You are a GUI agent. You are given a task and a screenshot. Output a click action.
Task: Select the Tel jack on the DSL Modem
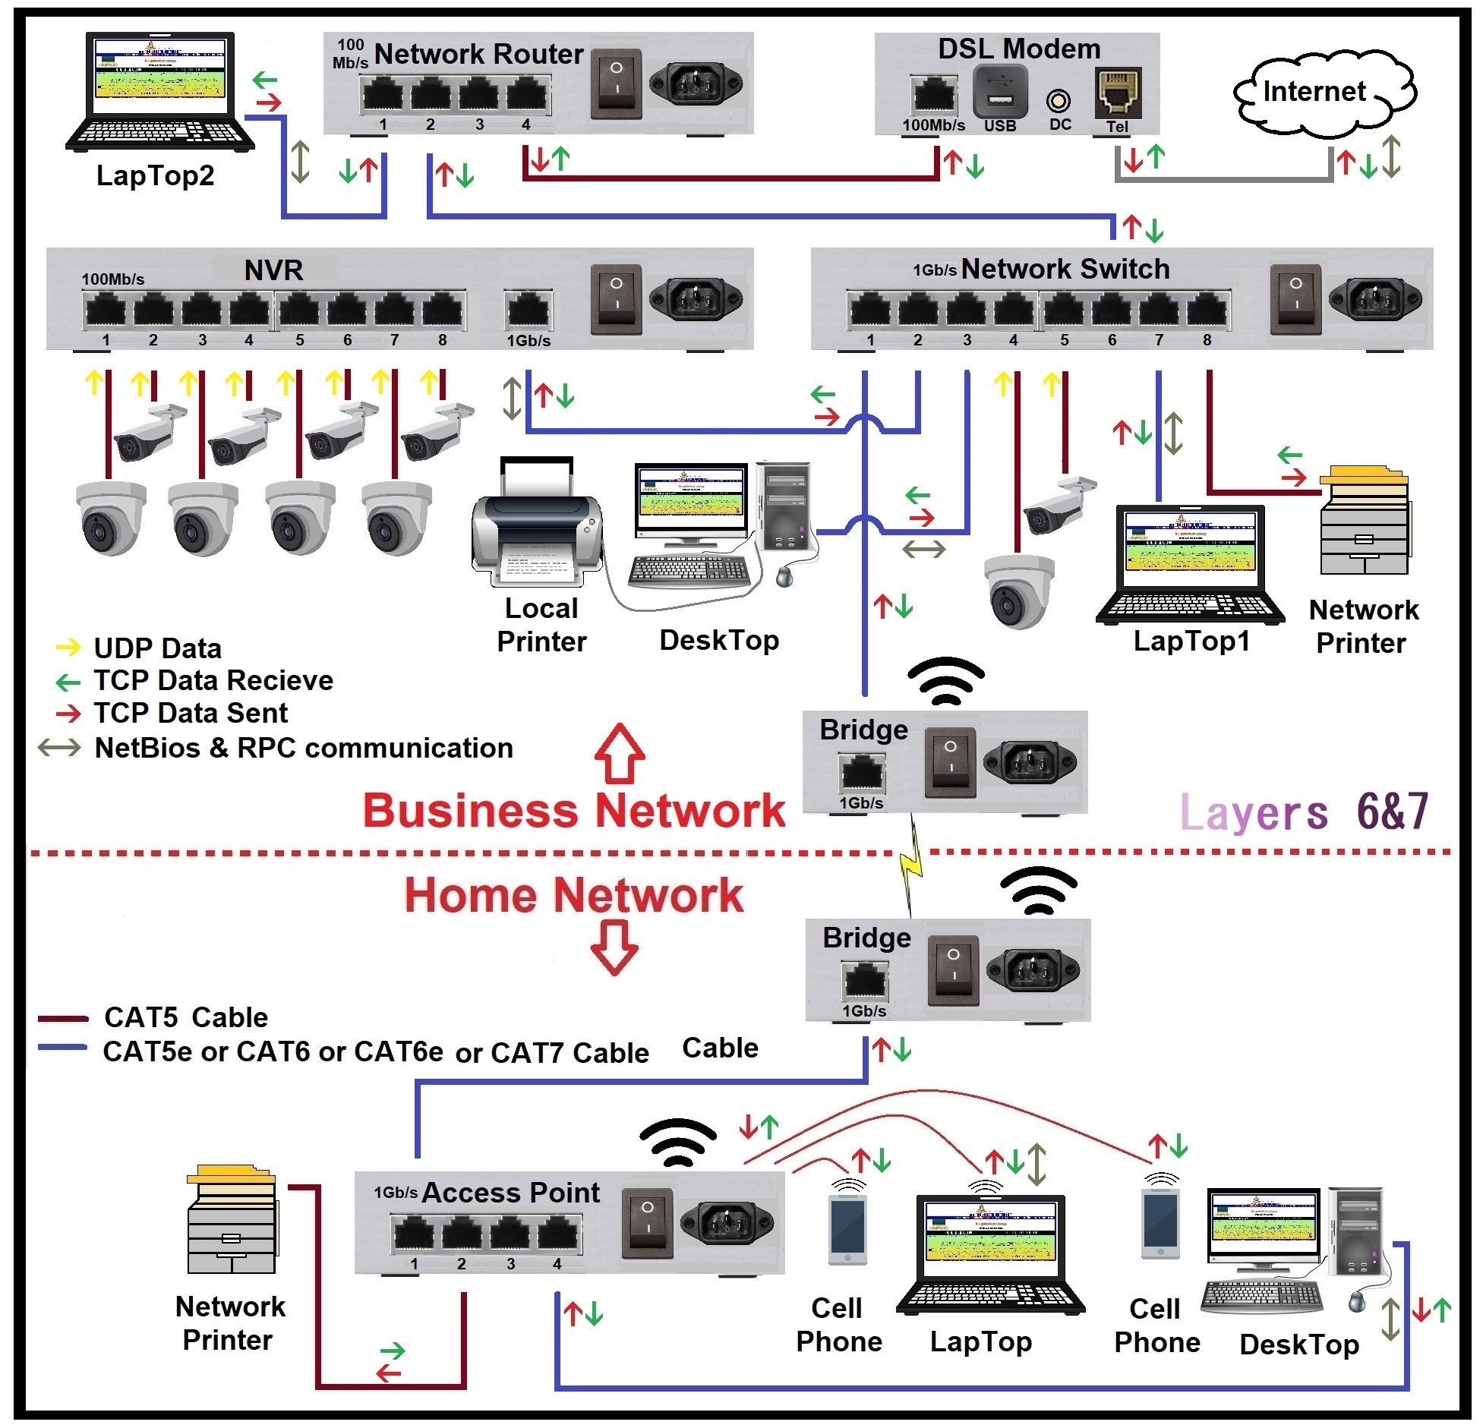[x=1118, y=93]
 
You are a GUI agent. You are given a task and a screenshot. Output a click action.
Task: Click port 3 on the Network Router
[x=478, y=96]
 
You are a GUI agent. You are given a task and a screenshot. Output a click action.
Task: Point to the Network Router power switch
[x=616, y=84]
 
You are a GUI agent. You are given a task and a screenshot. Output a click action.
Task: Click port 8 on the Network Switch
[x=1207, y=311]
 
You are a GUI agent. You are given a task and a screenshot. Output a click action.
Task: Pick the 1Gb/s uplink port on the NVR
[x=529, y=311]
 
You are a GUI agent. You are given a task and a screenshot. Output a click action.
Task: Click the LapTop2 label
[x=155, y=175]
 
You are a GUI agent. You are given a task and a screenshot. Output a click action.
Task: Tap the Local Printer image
[x=537, y=524]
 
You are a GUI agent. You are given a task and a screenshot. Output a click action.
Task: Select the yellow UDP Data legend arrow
[x=68, y=648]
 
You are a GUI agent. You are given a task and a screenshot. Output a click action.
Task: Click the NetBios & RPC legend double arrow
[x=59, y=748]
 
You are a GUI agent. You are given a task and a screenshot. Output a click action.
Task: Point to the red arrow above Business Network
[x=620, y=753]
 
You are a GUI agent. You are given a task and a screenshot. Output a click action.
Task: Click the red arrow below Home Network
[x=614, y=947]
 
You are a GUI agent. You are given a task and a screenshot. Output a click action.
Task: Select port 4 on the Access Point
[x=557, y=1233]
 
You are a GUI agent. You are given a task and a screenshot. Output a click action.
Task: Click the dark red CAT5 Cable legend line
[x=63, y=1018]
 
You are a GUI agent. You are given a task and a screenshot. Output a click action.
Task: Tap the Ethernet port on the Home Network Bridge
[x=864, y=981]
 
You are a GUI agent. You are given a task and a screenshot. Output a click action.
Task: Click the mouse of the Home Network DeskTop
[x=1357, y=1303]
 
